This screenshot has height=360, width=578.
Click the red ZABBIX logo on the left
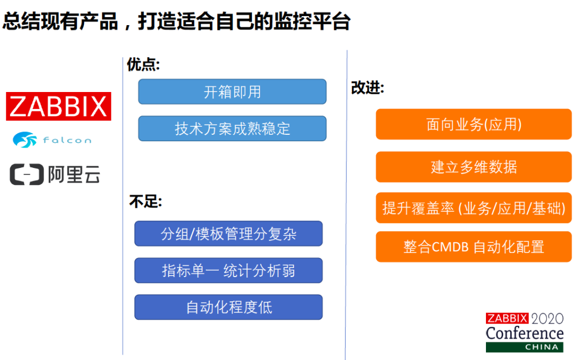[58, 106]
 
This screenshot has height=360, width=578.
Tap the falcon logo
[52, 140]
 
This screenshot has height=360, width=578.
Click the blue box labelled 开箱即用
[232, 92]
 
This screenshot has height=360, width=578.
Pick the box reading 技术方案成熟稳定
[232, 128]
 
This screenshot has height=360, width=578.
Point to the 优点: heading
[143, 65]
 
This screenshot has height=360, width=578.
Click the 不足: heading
[145, 202]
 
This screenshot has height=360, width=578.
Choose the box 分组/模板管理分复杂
[229, 234]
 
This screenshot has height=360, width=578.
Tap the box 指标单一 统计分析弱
[229, 271]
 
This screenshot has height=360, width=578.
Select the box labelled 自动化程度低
[229, 307]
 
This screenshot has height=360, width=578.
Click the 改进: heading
[367, 88]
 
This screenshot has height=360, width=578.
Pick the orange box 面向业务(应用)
[474, 124]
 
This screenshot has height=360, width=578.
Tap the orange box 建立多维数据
[474, 167]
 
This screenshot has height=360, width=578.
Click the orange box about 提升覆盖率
[474, 208]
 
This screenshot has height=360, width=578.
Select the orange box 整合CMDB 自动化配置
[474, 247]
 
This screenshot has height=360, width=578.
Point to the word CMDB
[450, 247]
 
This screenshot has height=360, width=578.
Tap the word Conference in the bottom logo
[524, 333]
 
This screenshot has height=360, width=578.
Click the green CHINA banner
[524, 347]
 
